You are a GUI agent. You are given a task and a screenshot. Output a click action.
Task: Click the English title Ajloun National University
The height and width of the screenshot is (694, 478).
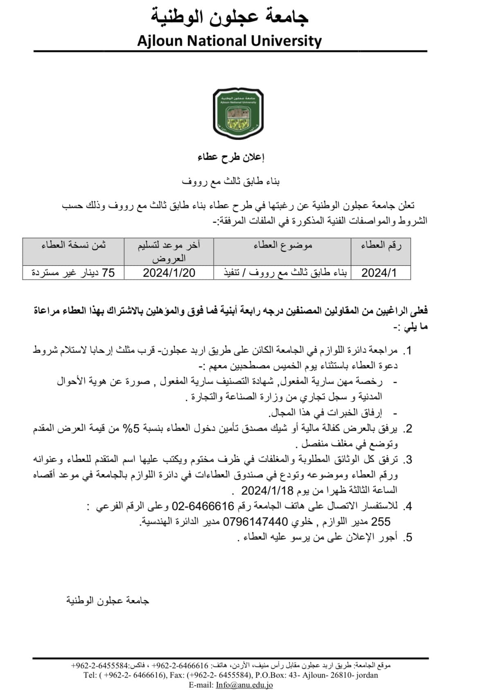coord(229,41)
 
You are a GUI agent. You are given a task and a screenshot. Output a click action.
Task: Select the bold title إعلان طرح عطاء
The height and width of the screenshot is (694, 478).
coord(231,157)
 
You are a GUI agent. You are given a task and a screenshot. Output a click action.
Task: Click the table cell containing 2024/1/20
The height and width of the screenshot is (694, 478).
coord(169,273)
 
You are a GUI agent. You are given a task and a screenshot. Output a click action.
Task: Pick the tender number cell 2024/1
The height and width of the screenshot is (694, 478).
coord(379,273)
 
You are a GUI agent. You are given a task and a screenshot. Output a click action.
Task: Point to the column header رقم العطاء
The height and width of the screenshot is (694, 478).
coord(381,245)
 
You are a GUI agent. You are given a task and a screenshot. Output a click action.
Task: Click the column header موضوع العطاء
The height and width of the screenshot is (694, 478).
coord(282,245)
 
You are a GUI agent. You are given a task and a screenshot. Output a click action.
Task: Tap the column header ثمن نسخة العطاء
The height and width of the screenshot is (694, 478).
coord(73,245)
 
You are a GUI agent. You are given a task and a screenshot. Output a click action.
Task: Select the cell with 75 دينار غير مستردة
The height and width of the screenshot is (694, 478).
coord(73,273)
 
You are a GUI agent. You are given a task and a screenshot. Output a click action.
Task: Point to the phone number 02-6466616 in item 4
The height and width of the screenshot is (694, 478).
coord(202,506)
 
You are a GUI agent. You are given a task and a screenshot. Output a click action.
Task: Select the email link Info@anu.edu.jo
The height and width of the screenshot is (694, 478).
coord(244,685)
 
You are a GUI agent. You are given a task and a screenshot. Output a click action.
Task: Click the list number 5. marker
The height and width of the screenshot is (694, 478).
coord(407,537)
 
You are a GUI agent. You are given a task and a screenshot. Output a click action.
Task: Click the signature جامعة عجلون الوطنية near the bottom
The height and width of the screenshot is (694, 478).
coord(108,600)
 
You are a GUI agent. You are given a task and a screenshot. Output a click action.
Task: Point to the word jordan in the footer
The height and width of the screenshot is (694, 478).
coord(367,675)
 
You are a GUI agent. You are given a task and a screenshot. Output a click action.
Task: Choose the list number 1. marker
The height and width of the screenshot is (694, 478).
coord(407,351)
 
